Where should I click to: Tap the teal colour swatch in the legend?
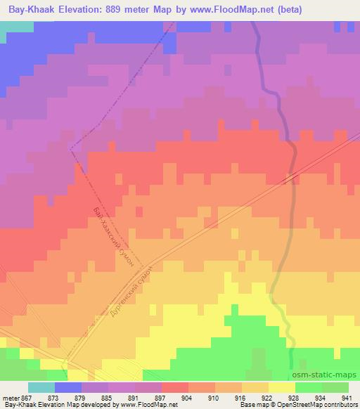(41, 387)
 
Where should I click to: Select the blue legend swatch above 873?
(68, 387)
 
